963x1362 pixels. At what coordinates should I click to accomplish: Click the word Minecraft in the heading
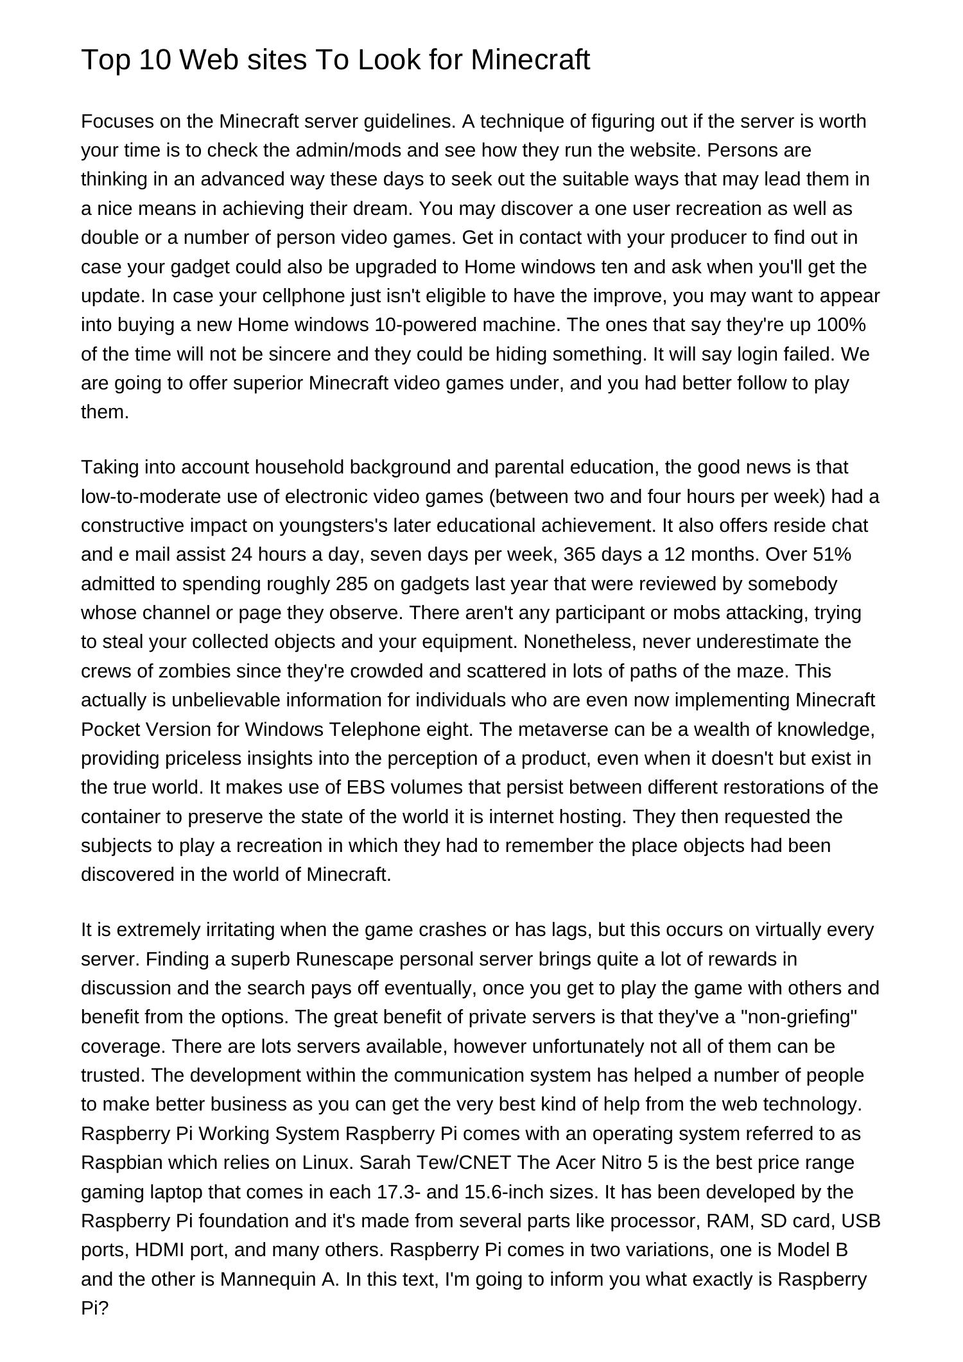[x=530, y=60]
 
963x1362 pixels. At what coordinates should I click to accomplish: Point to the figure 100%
[x=841, y=325]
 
